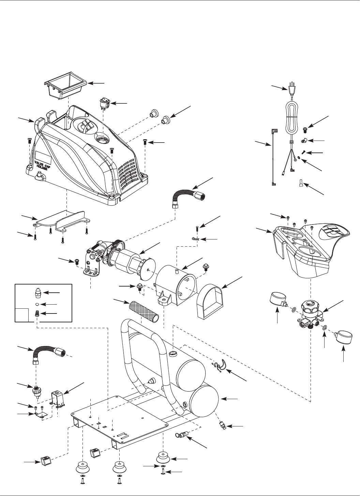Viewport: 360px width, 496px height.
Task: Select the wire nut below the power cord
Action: [300, 183]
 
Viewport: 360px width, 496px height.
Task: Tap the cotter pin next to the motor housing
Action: [195, 239]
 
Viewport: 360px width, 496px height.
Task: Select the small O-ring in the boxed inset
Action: [37, 304]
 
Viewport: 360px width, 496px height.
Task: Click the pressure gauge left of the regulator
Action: [279, 299]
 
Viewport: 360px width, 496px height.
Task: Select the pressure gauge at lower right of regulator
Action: [343, 338]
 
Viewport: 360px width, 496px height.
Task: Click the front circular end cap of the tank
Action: [205, 399]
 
